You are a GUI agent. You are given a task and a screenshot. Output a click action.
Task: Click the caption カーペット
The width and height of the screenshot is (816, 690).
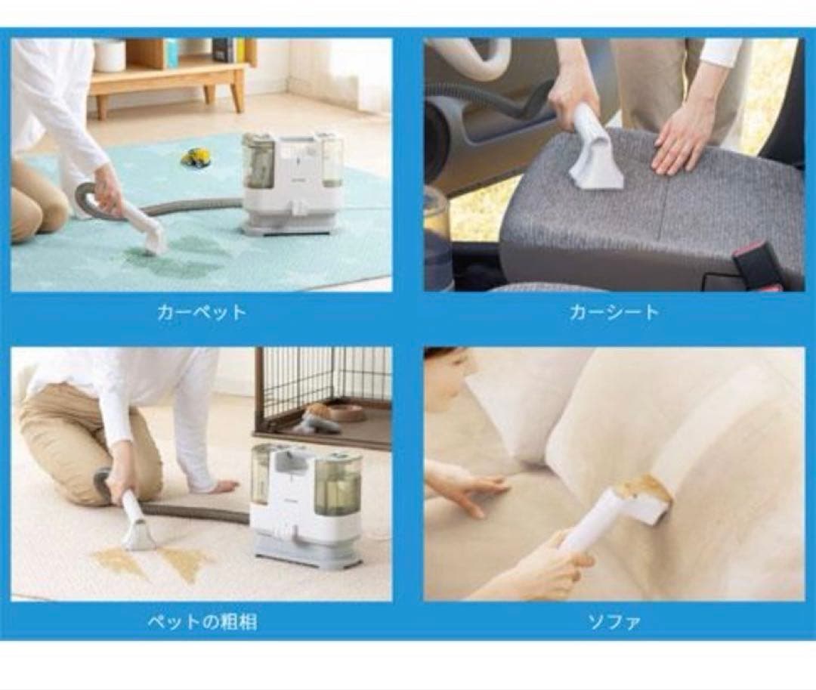(x=202, y=312)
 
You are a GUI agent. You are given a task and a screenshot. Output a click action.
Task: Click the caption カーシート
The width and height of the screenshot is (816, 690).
(x=614, y=311)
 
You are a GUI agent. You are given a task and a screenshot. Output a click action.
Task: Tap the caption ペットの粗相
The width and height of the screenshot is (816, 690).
(x=202, y=622)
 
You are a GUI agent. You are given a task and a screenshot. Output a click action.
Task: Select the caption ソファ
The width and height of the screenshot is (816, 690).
(x=614, y=622)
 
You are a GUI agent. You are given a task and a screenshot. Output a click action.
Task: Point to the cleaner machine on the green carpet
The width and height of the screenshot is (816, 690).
(x=293, y=183)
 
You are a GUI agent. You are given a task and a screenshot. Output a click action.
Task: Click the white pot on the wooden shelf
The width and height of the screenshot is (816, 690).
(x=110, y=54)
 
